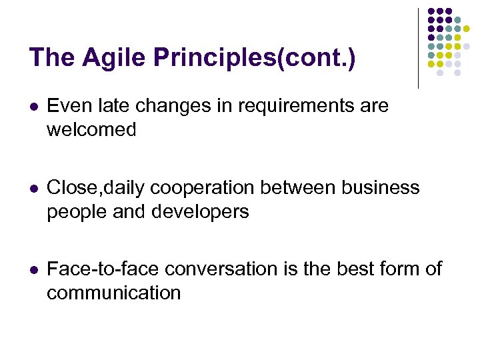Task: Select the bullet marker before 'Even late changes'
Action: point(34,107)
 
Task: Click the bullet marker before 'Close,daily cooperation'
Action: point(34,189)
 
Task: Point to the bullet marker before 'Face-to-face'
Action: point(34,270)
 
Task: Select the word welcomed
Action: point(91,129)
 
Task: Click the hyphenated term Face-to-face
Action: point(103,269)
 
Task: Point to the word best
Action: point(351,269)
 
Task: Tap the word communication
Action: point(113,293)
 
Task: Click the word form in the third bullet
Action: point(401,269)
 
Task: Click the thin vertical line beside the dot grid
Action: point(418,48)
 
